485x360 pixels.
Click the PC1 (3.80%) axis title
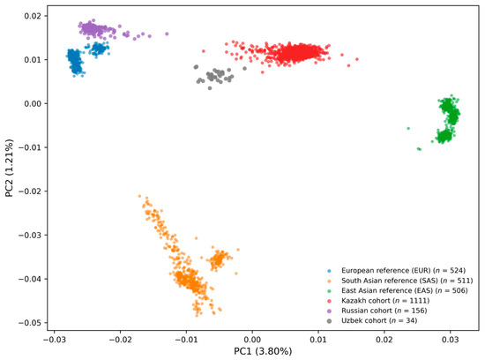pyautogui.click(x=263, y=351)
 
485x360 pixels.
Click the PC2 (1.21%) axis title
pyautogui.click(x=10, y=168)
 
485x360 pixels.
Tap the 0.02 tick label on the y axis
pyautogui.click(x=34, y=16)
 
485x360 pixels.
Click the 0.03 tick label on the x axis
pyautogui.click(x=451, y=339)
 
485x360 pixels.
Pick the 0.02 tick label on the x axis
pyautogui.click(x=384, y=339)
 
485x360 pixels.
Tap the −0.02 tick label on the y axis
pyautogui.click(x=31, y=191)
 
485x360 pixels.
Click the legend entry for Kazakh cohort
pyautogui.click(x=385, y=301)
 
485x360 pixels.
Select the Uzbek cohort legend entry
pyautogui.click(x=379, y=320)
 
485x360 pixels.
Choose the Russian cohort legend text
pyautogui.click(x=384, y=311)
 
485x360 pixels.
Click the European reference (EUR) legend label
pyautogui.click(x=403, y=271)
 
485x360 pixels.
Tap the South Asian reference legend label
pyautogui.click(x=407, y=281)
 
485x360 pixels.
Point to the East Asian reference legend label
pyautogui.click(x=405, y=290)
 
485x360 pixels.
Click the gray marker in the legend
pyautogui.click(x=329, y=321)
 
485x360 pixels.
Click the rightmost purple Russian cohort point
pyautogui.click(x=167, y=34)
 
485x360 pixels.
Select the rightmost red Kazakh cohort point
pyautogui.click(x=357, y=59)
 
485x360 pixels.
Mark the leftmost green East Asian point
pyautogui.click(x=408, y=128)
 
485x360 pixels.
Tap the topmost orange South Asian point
pyautogui.click(x=139, y=196)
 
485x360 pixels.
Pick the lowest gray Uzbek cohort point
pyautogui.click(x=210, y=88)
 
